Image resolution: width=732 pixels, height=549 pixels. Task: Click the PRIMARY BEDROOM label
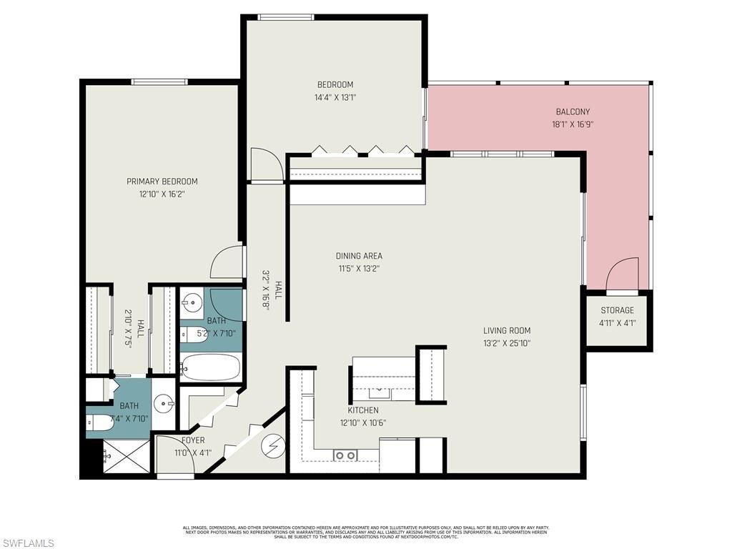[162, 182]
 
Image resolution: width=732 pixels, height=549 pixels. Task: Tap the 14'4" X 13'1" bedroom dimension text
[335, 97]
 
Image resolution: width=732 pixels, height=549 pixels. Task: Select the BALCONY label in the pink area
[573, 112]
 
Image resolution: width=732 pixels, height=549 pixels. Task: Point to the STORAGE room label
[617, 310]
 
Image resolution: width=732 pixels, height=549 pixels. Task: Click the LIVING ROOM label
[507, 330]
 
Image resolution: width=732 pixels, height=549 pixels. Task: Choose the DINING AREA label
[359, 256]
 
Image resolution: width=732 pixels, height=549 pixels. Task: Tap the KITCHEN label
[363, 410]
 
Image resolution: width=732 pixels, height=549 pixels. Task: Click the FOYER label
[193, 440]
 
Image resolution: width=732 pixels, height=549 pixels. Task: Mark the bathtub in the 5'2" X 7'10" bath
[210, 367]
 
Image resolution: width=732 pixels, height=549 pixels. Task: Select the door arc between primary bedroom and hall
[227, 262]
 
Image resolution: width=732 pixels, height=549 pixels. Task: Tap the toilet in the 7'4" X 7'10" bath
[100, 422]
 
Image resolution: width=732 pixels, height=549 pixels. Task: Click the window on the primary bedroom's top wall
[160, 81]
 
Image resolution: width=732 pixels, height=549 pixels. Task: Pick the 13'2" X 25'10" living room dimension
[507, 343]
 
